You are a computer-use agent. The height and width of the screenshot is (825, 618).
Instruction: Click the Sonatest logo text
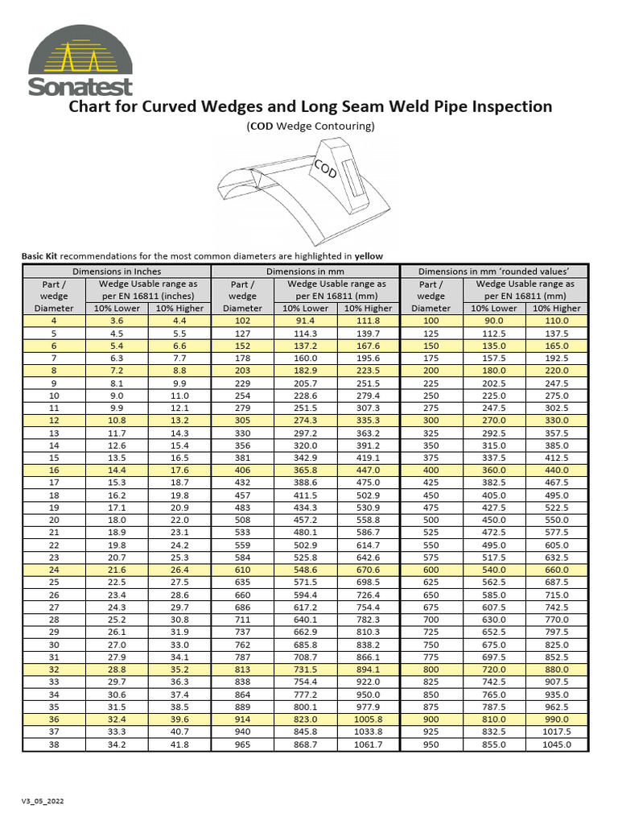tap(80, 86)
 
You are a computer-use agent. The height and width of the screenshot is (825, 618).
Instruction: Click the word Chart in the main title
tap(93, 106)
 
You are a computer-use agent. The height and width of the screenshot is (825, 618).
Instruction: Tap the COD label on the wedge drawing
tap(325, 169)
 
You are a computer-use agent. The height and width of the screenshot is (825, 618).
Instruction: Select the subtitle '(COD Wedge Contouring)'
tap(310, 126)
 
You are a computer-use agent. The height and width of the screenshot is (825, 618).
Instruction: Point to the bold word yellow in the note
tap(369, 256)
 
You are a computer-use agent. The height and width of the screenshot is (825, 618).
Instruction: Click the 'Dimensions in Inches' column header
tap(117, 272)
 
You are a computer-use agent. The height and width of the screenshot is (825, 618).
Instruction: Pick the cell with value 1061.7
tap(368, 744)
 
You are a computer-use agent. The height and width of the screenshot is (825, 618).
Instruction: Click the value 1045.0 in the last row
tap(556, 744)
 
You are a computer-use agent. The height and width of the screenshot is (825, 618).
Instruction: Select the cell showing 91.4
tap(305, 320)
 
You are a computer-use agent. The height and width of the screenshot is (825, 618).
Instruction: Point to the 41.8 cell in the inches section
tap(179, 744)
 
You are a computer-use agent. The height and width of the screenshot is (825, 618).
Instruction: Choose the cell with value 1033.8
tap(368, 731)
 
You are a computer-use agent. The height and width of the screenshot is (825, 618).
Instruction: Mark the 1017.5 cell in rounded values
tap(556, 731)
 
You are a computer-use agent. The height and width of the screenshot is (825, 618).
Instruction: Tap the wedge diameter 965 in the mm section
tap(242, 744)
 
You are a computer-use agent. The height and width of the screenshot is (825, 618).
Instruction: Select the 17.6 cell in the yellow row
tap(179, 470)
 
